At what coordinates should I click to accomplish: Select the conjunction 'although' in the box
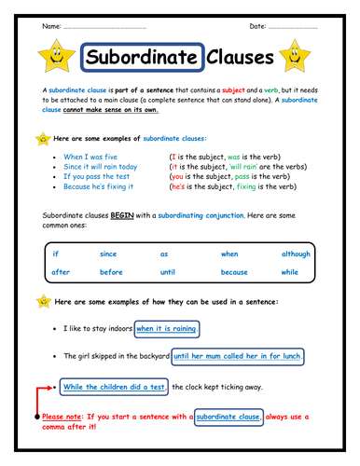296,254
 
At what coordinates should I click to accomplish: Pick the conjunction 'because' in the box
234,272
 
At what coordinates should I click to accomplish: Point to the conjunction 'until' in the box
168,272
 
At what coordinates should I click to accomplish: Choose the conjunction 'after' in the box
61,272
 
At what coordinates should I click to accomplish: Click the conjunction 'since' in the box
109,254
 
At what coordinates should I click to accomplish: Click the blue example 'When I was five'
91,157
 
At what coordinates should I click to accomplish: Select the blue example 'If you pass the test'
100,176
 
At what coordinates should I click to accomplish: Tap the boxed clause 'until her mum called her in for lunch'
238,356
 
